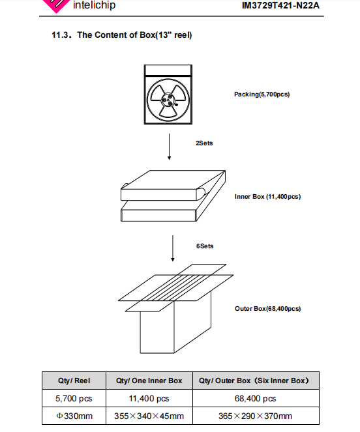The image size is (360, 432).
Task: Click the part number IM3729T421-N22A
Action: pyautogui.click(x=280, y=5)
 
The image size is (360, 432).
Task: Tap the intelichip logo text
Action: pyautogui.click(x=94, y=5)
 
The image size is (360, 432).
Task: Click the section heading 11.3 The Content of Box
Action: pyautogui.click(x=122, y=35)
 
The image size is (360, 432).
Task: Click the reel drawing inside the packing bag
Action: pyautogui.click(x=168, y=100)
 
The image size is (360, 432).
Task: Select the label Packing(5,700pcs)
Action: pyautogui.click(x=262, y=94)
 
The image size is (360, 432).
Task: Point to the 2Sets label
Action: pyautogui.click(x=204, y=143)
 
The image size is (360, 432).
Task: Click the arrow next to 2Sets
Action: pyautogui.click(x=169, y=147)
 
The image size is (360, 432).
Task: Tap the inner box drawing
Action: pyautogui.click(x=173, y=195)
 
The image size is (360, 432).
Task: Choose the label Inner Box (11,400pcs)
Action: pyautogui.click(x=267, y=197)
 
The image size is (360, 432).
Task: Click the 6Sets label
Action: pyautogui.click(x=205, y=246)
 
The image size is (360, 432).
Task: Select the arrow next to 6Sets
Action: pyautogui.click(x=173, y=248)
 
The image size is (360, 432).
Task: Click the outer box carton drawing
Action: pyautogui.click(x=175, y=309)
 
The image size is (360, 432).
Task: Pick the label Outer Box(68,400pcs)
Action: pyautogui.click(x=267, y=309)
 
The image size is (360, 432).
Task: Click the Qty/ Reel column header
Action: pyautogui.click(x=74, y=381)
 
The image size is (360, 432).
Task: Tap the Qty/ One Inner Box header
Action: pyautogui.click(x=149, y=381)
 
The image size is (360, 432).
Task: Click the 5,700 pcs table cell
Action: pyautogui.click(x=74, y=398)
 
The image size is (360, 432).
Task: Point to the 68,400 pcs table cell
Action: pyautogui.click(x=255, y=398)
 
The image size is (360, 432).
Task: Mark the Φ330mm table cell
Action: pyautogui.click(x=74, y=416)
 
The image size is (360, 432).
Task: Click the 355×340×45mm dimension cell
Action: pyautogui.click(x=149, y=416)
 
